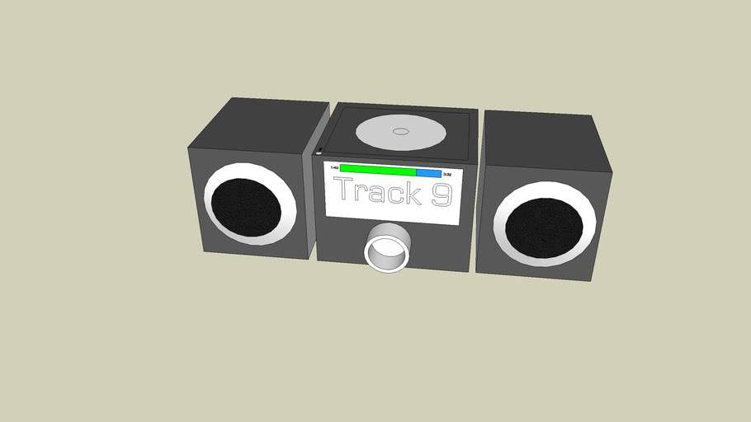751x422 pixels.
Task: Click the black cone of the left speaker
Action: tap(245, 206)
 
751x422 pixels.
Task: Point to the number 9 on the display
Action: tap(442, 195)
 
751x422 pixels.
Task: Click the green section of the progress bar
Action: tap(378, 171)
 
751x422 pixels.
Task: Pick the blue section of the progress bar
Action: tap(428, 173)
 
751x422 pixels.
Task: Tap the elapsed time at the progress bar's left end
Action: tap(333, 168)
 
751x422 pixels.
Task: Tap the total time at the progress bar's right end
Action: tap(447, 175)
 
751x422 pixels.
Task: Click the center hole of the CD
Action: tap(400, 131)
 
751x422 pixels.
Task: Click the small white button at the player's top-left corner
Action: tap(319, 152)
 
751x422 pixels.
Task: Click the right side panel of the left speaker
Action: tap(314, 198)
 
